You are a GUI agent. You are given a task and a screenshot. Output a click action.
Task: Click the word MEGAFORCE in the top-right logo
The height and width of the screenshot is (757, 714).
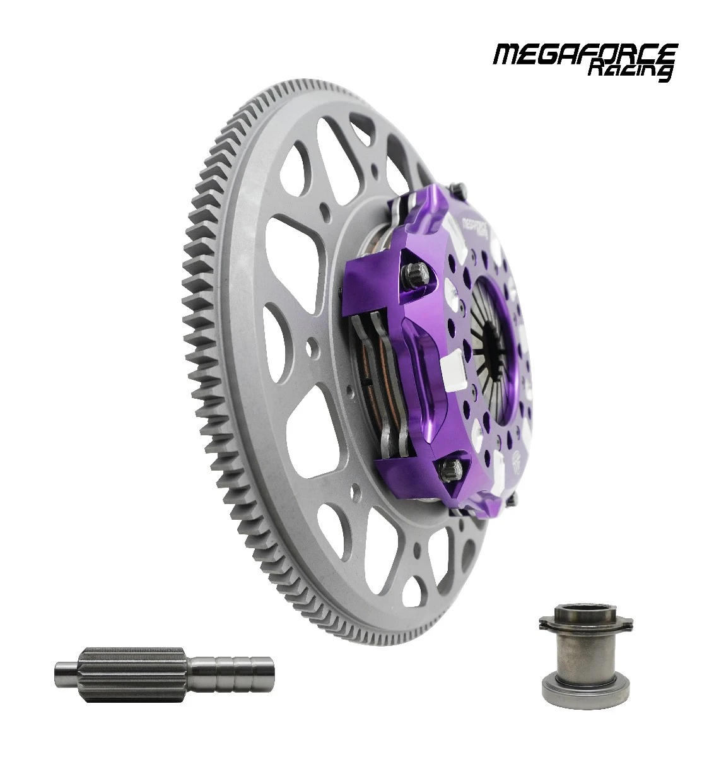[585, 54]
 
